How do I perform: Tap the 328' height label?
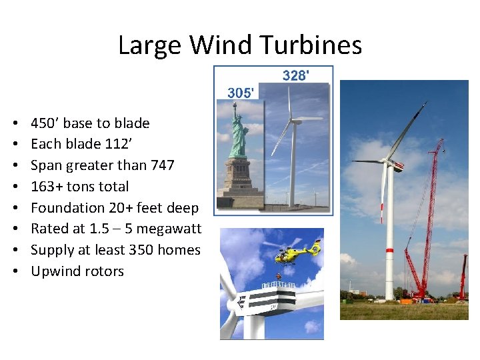(296, 75)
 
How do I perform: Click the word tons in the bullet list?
(84, 187)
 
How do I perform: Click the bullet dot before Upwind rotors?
(15, 272)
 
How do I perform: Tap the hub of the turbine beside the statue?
(291, 119)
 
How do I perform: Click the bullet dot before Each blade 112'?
(15, 144)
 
